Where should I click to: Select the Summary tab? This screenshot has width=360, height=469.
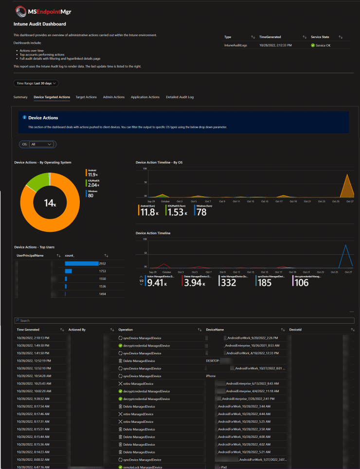click(20, 97)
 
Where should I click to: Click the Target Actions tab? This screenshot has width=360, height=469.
click(86, 97)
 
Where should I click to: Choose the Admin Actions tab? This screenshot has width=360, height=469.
click(113, 97)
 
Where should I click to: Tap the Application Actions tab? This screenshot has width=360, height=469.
click(145, 97)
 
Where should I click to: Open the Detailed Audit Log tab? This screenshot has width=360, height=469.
click(180, 97)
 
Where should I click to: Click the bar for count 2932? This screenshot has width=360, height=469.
click(82, 263)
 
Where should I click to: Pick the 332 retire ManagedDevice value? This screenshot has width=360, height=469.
click(229, 282)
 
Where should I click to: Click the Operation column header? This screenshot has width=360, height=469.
click(126, 330)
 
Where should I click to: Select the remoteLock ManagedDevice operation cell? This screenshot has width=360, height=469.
click(141, 467)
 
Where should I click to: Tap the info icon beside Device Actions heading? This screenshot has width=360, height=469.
click(24, 118)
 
